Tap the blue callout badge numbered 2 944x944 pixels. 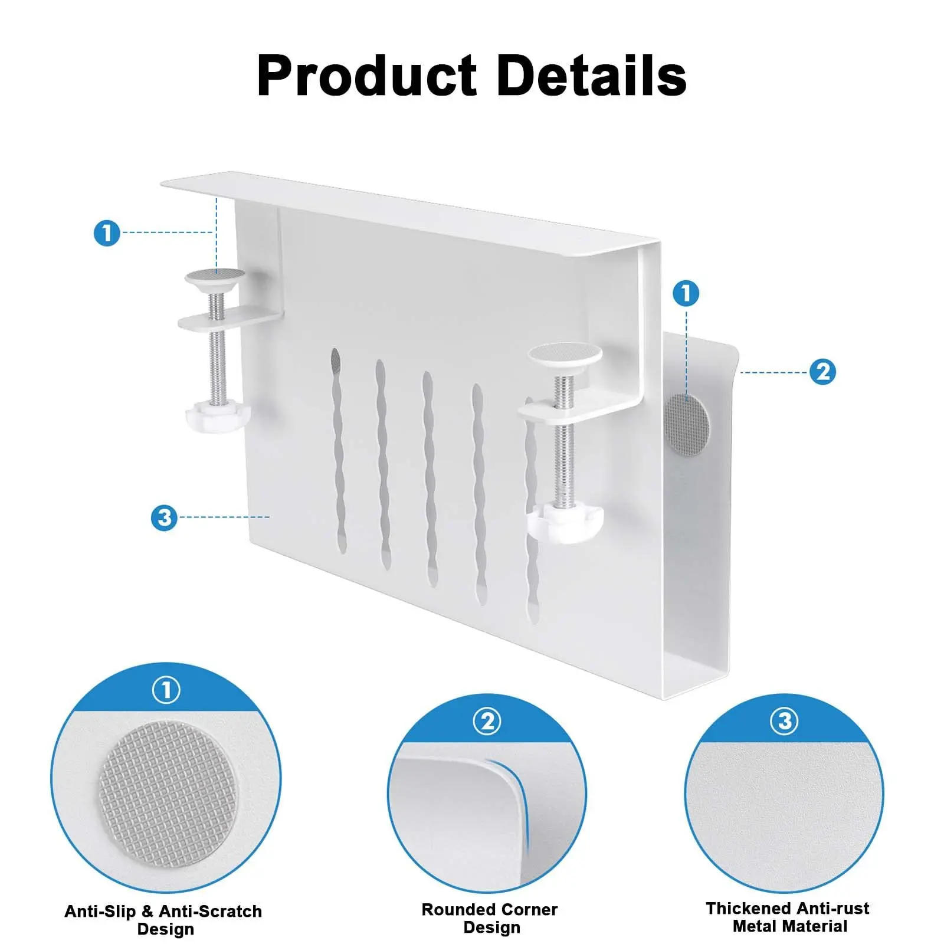tap(822, 372)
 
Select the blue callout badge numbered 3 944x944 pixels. tap(164, 517)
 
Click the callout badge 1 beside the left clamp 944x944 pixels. tap(107, 232)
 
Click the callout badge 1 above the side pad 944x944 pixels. tap(686, 293)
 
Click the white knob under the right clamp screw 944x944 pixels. tap(565, 522)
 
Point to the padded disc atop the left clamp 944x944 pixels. tap(215, 275)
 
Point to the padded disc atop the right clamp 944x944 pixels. tap(565, 353)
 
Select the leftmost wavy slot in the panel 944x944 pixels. tap(339, 448)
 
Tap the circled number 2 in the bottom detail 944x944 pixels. tap(487, 721)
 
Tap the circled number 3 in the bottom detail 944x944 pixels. tap(784, 721)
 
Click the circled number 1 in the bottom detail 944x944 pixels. tap(166, 690)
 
